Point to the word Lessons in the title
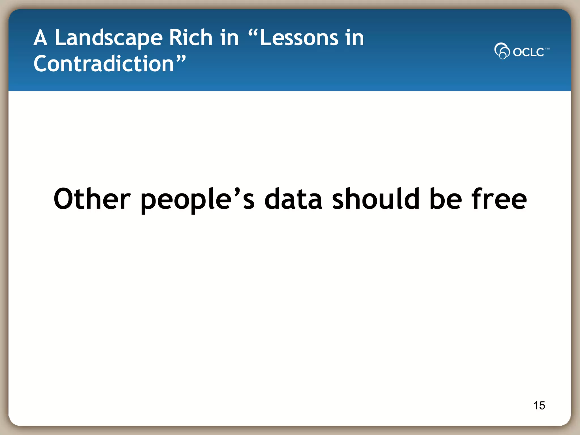(299, 38)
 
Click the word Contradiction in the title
(104, 64)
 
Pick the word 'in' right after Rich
(229, 38)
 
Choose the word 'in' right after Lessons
(354, 38)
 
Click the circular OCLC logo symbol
(502, 51)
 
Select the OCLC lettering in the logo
(528, 52)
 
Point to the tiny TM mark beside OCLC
(547, 49)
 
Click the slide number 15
(539, 406)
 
